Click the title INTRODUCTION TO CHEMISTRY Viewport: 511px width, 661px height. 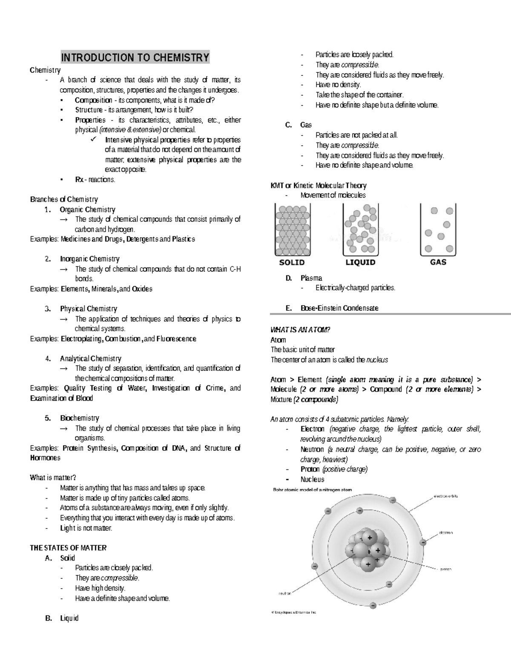(x=135, y=57)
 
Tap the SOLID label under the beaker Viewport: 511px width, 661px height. (x=292, y=263)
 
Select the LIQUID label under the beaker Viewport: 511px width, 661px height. (x=360, y=263)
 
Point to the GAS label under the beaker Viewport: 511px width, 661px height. (x=438, y=262)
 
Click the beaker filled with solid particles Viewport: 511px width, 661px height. (x=292, y=230)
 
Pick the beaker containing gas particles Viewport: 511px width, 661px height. (x=438, y=230)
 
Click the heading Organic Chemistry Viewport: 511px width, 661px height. (x=87, y=209)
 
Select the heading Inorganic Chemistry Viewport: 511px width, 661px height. (x=89, y=259)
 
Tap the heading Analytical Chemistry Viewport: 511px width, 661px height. (x=90, y=358)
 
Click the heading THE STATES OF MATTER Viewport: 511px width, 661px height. (x=68, y=548)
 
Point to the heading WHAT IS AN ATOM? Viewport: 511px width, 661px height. (x=300, y=330)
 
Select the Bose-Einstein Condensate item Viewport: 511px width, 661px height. (x=339, y=308)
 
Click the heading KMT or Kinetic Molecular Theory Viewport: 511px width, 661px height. (x=319, y=186)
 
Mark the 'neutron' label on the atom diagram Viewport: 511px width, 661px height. (x=284, y=592)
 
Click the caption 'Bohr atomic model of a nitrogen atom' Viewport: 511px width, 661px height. (x=312, y=489)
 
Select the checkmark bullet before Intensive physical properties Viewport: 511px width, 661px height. (x=94, y=140)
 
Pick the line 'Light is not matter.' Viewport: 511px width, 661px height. (x=86, y=528)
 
